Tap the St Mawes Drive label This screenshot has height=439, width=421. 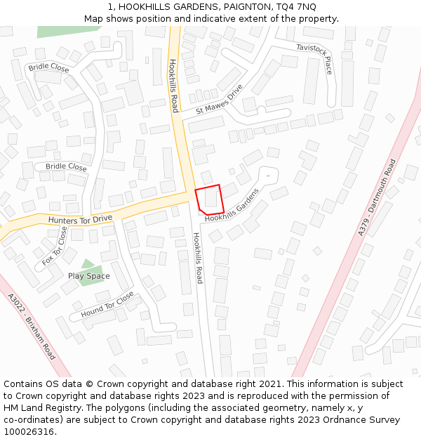click(x=219, y=100)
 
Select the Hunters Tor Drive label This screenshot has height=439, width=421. click(x=80, y=220)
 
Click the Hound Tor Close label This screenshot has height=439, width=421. click(x=107, y=304)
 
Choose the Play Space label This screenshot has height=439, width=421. click(x=88, y=276)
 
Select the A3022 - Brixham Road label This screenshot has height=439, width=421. click(x=32, y=327)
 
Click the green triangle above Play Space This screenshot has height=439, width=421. click(x=87, y=264)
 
